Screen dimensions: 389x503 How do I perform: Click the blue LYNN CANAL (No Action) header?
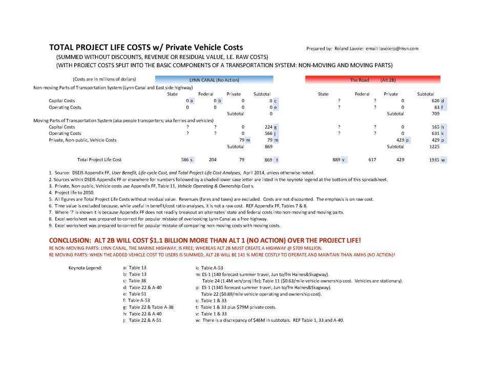click(x=214, y=80)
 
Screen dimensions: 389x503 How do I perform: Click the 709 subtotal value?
click(x=435, y=114)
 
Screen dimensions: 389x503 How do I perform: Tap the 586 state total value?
click(x=185, y=160)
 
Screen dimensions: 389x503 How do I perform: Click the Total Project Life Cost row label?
click(x=99, y=160)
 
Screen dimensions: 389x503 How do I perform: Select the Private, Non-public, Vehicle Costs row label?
click(x=82, y=140)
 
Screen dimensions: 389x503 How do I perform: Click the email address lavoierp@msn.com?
click(x=399, y=49)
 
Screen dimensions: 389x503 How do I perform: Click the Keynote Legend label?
click(x=85, y=267)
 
